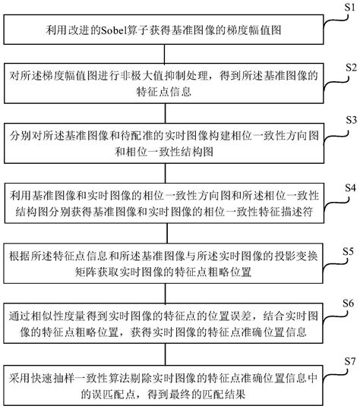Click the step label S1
tap(350, 7)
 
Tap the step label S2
tap(351, 68)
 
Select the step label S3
tap(351, 120)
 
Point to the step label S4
tap(350, 188)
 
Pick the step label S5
tap(349, 251)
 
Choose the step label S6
tap(349, 304)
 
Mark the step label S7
tap(350, 361)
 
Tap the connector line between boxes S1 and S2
tap(165, 54)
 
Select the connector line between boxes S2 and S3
tap(166, 113)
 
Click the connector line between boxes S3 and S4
tap(166, 173)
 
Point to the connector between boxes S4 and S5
tap(167, 233)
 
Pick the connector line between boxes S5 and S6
tap(166, 293)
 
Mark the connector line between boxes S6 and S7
tap(166, 354)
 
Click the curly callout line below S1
tap(336, 20)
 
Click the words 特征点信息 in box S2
tap(164, 92)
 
